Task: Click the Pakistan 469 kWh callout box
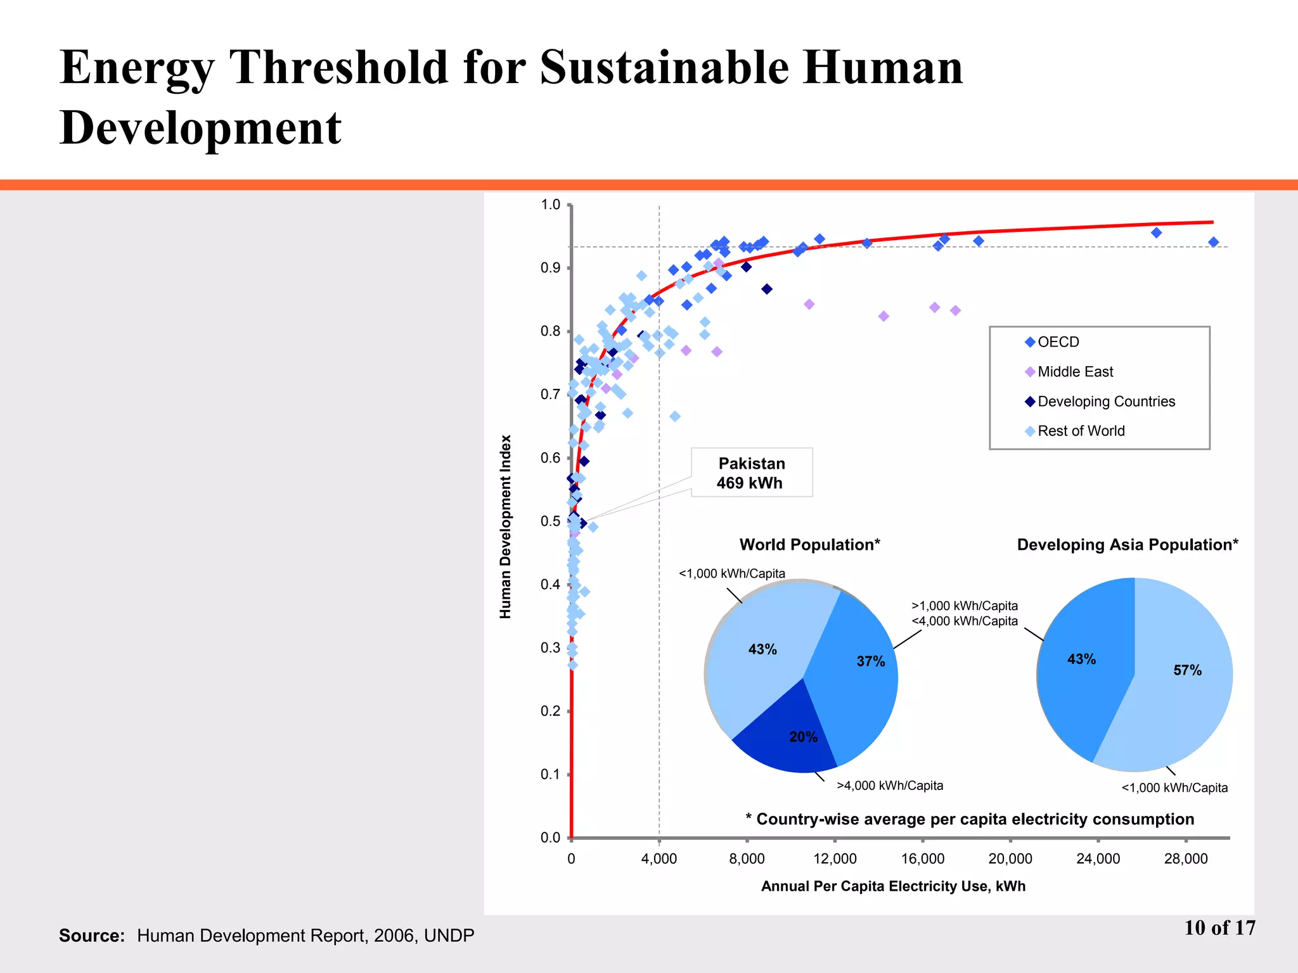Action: (x=751, y=473)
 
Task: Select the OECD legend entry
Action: (x=1057, y=342)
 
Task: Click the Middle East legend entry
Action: (x=1074, y=372)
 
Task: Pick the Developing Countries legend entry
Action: (x=1105, y=402)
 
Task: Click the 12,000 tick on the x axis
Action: (x=835, y=859)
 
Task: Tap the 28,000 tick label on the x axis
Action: (x=1186, y=859)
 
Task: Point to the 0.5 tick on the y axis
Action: (x=551, y=521)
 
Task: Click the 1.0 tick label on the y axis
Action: (x=551, y=205)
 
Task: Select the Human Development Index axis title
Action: (x=505, y=526)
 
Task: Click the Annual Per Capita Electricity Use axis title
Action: (x=893, y=886)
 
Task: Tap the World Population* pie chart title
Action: (x=809, y=545)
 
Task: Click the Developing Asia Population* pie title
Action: (x=1127, y=545)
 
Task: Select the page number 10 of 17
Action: (x=1219, y=928)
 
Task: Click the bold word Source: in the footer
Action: (x=92, y=936)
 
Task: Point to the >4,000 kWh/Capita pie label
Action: (x=889, y=785)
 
